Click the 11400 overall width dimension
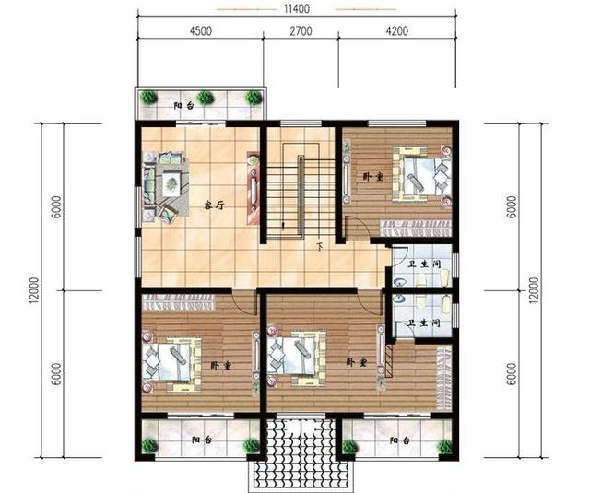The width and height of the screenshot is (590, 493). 297,8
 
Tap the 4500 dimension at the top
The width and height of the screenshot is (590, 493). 201,30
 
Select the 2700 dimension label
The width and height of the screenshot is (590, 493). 301,30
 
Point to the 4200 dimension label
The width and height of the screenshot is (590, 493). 397,30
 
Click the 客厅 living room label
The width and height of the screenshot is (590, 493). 214,205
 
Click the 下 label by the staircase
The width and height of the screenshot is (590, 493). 320,247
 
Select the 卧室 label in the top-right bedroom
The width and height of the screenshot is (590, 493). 373,177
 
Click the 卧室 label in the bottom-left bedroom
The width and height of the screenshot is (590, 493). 220,365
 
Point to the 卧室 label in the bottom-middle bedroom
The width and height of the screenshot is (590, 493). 357,362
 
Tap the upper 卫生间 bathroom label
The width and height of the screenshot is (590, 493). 424,264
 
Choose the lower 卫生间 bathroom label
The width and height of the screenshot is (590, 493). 424,323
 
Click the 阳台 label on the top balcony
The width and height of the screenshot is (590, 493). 183,105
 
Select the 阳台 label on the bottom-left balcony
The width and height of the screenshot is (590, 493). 201,440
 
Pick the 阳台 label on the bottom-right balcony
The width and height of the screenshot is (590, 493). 399,440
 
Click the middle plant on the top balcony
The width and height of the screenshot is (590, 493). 206,98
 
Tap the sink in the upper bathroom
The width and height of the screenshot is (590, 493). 399,281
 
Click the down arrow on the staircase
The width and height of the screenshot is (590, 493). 283,225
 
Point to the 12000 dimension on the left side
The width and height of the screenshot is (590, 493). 35,290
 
